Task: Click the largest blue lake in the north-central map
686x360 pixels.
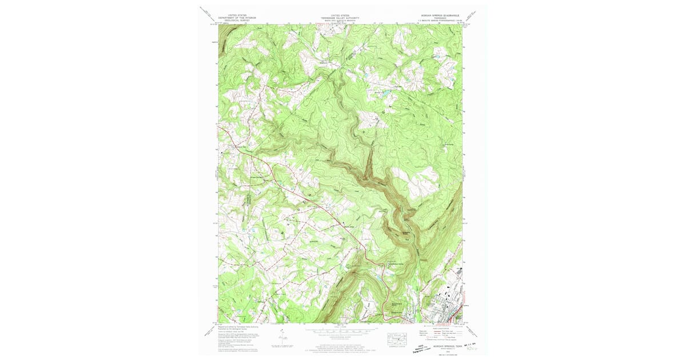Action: pyautogui.click(x=384, y=91)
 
